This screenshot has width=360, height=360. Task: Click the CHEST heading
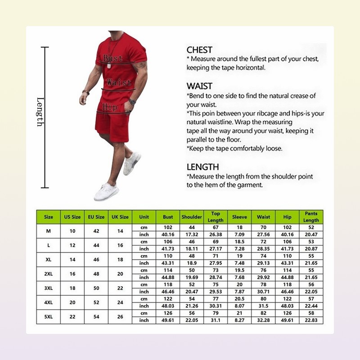click(199, 50)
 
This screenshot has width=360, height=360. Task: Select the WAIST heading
click(199, 86)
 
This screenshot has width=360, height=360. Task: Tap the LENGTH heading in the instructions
click(202, 167)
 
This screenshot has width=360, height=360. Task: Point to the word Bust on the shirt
click(112, 58)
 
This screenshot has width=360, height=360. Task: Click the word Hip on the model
click(110, 107)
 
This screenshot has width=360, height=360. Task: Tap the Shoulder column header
click(192, 217)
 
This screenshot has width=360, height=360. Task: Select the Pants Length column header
click(311, 217)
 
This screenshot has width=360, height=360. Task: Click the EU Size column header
click(96, 217)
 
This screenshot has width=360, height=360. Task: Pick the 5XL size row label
click(49, 316)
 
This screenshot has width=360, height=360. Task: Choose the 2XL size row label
click(49, 274)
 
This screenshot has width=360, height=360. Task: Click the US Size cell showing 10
click(72, 231)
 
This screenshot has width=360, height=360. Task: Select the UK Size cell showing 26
click(120, 316)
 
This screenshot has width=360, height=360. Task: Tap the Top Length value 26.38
click(216, 234)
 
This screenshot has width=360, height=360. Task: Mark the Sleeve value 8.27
click(239, 320)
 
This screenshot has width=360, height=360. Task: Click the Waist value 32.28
click(263, 320)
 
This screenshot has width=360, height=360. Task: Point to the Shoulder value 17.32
click(192, 234)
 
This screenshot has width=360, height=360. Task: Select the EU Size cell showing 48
click(96, 274)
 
